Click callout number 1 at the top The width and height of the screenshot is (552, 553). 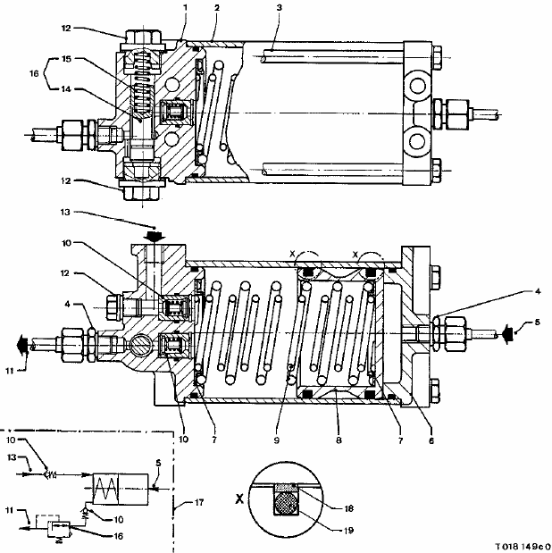coord(184,8)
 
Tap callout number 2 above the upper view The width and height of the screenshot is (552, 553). coord(216,8)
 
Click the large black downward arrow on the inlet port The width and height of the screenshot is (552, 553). coord(155,236)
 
